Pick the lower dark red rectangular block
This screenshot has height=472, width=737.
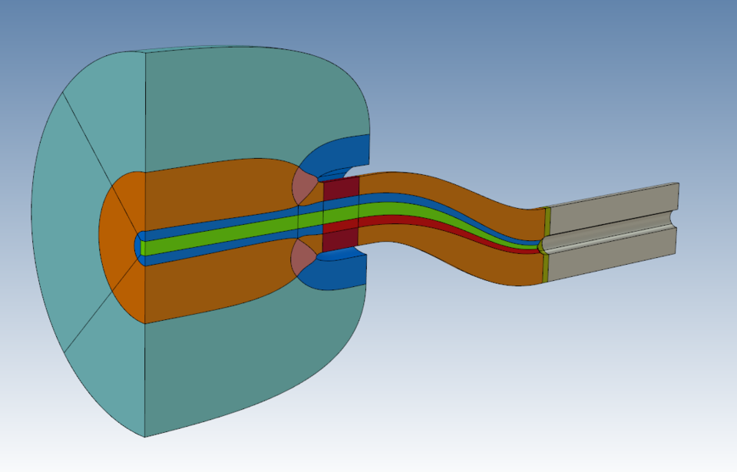[340, 240]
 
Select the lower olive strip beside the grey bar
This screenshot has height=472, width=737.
[546, 267]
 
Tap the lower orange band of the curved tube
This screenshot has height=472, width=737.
[453, 253]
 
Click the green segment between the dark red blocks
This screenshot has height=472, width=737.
[340, 216]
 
